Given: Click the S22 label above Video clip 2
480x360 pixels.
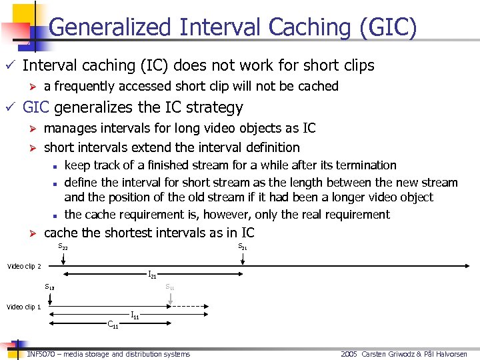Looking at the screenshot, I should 63,247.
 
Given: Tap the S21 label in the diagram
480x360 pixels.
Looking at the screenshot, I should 243,247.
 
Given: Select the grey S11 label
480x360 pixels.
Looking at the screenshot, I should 170,287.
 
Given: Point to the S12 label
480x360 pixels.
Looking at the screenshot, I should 49,287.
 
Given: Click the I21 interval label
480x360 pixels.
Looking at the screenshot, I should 152,275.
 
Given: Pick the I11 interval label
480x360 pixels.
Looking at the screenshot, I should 135,315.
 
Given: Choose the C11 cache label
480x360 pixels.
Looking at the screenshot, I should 113,325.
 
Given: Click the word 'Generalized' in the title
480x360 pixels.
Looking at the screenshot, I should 110,27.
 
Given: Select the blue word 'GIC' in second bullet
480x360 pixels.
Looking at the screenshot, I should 36,107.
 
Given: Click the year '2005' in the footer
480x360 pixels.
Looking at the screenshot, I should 349,354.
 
